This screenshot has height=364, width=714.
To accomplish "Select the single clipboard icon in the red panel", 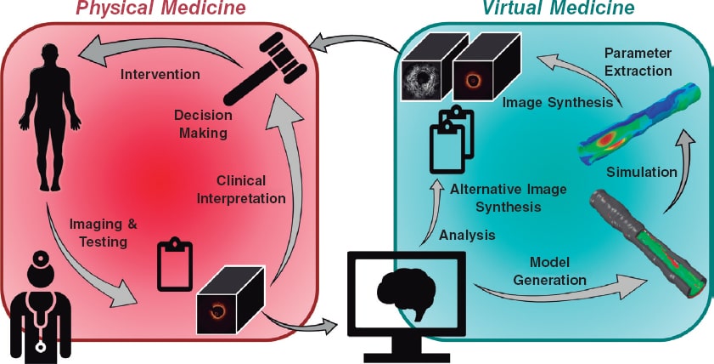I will (x=174, y=264).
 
